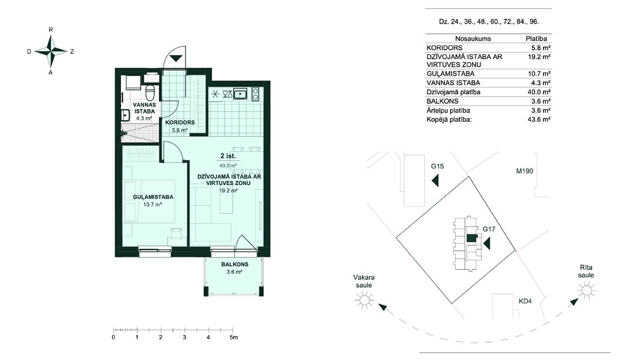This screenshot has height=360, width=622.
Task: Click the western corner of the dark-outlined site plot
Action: click(397, 238)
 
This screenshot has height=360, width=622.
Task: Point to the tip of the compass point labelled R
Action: click(51, 35)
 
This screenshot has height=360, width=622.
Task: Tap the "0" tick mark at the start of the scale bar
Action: click(113, 330)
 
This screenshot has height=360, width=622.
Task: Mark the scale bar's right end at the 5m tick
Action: click(233, 330)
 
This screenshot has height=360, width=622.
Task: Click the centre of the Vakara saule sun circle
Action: click(364, 299)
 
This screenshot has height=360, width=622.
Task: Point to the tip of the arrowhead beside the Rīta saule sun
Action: click(578, 299)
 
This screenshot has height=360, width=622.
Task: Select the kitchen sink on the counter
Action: click(241, 94)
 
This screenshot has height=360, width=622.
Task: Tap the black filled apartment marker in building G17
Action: click(471, 238)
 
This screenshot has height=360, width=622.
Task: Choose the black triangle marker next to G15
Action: click(435, 181)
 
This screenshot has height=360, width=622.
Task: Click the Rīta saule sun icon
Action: click(587, 291)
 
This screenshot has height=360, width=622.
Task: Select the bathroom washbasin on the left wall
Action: click(124, 115)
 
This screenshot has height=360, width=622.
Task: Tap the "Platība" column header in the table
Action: click(536, 39)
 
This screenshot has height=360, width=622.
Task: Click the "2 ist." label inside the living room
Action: click(228, 156)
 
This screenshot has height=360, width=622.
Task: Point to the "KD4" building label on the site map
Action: click(525, 301)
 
